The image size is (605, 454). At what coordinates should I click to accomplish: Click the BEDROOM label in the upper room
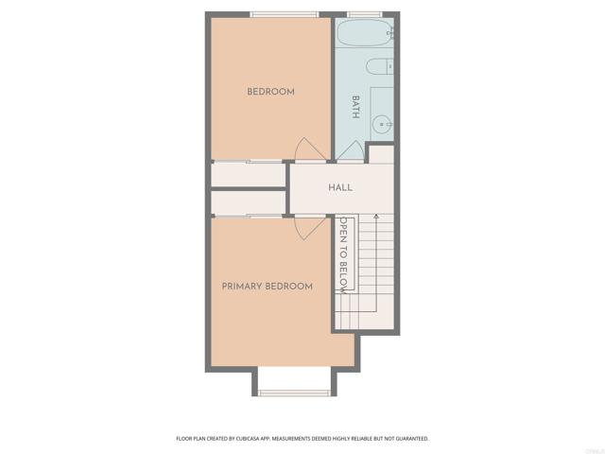(270, 92)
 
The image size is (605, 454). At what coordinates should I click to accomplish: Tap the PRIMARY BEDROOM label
(267, 286)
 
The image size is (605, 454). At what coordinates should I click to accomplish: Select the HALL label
(340, 187)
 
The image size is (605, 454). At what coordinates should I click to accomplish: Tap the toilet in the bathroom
(381, 67)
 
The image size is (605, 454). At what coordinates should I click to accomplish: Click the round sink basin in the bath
(381, 122)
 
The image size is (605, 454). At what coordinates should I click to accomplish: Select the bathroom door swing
(352, 151)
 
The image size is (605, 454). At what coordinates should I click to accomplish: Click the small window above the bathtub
(364, 14)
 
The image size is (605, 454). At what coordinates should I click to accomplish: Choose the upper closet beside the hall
(248, 174)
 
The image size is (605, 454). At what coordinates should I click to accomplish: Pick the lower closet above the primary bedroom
(248, 202)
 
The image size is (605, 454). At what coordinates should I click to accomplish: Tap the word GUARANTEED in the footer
(408, 439)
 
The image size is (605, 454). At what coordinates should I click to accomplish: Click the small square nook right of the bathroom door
(380, 155)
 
